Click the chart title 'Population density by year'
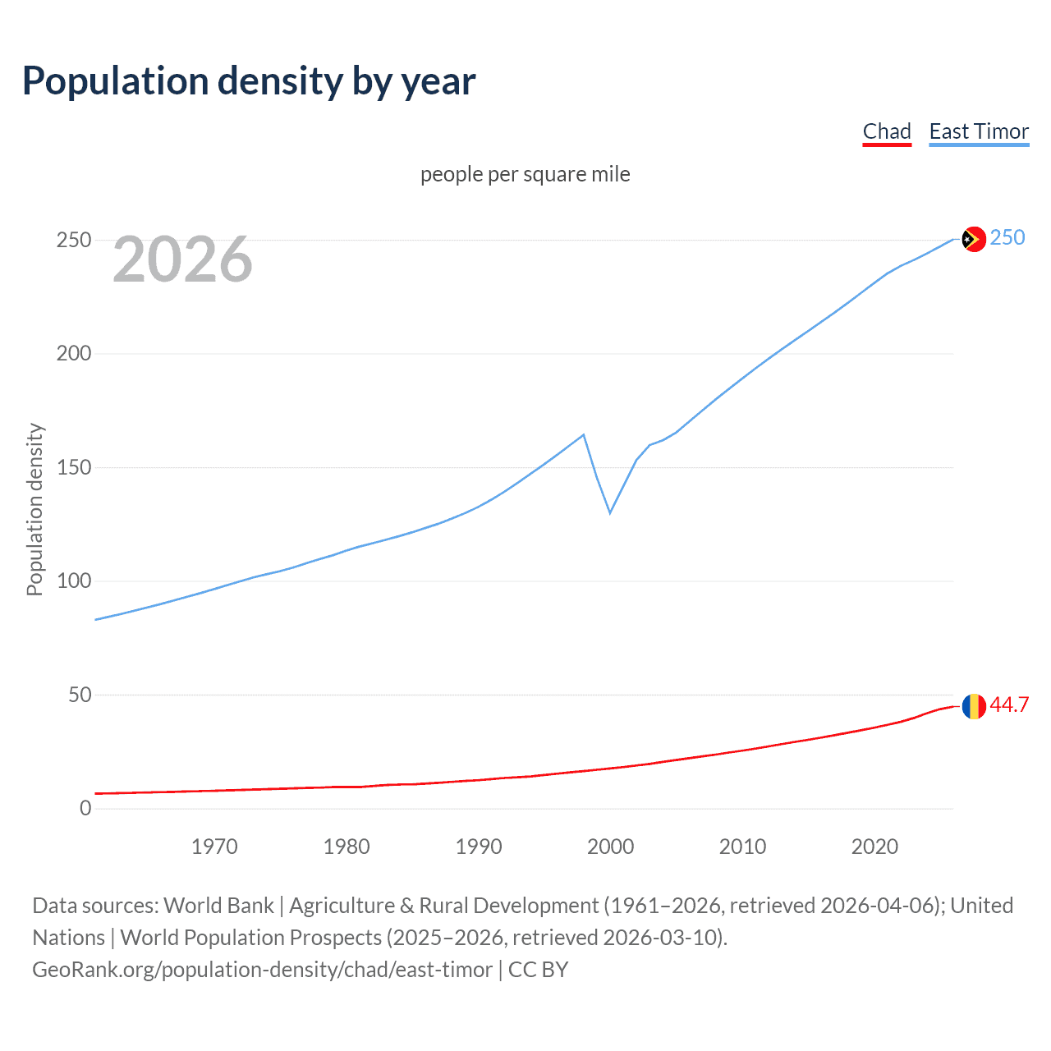pyautogui.click(x=249, y=81)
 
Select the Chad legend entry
pyautogui.click(x=887, y=132)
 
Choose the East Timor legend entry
pyautogui.click(x=979, y=132)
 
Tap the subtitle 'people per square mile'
pyautogui.click(x=525, y=174)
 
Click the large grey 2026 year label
pyautogui.click(x=182, y=259)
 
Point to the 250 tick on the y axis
pyautogui.click(x=74, y=240)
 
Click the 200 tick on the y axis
pyautogui.click(x=74, y=354)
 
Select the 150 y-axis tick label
pyautogui.click(x=74, y=467)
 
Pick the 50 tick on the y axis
pyautogui.click(x=80, y=695)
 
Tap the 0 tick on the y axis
pyautogui.click(x=85, y=808)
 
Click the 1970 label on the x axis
pyautogui.click(x=214, y=847)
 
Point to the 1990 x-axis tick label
pyautogui.click(x=479, y=847)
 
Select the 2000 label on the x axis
pyautogui.click(x=610, y=847)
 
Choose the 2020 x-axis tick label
pyautogui.click(x=874, y=847)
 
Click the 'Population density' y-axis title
pyautogui.click(x=34, y=509)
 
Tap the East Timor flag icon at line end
pyautogui.click(x=973, y=239)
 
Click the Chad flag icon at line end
pyautogui.click(x=973, y=706)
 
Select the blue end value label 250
pyautogui.click(x=1007, y=237)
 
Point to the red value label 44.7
pyautogui.click(x=1009, y=704)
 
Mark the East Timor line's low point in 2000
pyautogui.click(x=610, y=513)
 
